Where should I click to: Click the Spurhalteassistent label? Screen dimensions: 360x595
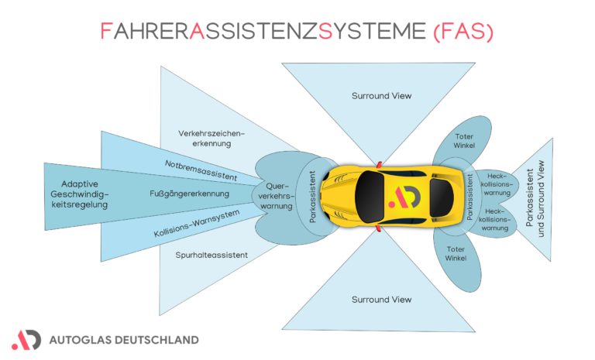click(211, 254)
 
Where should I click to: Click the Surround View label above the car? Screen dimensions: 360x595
click(381, 96)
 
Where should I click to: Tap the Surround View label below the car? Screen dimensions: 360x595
click(381, 300)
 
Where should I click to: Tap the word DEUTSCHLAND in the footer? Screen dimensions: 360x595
click(155, 340)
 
